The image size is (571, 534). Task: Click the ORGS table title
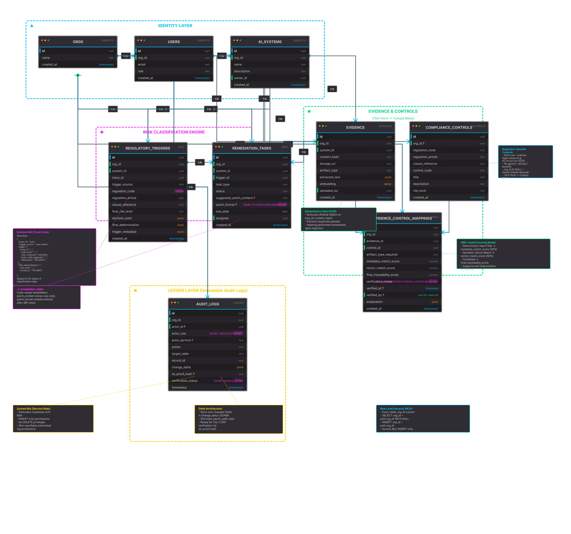78,42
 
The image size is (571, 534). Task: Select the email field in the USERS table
142,65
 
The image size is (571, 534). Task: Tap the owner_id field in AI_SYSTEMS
240,78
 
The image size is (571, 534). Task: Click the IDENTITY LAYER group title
175,26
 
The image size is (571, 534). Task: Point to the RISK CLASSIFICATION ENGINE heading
174,132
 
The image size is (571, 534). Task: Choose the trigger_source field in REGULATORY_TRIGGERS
122,185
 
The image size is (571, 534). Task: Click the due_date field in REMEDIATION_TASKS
222,211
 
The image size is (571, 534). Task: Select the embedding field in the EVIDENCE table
328,184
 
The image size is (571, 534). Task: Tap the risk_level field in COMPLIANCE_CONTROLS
419,191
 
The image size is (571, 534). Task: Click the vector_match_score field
380,268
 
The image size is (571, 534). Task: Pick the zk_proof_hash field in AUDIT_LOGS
182,374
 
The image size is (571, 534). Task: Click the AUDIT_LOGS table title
207,304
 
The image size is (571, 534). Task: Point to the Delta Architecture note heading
210,409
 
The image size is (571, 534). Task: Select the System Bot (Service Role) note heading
34,409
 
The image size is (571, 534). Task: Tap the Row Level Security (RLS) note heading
396,409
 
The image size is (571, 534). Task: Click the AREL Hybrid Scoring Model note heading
478,243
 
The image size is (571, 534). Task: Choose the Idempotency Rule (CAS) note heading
321,211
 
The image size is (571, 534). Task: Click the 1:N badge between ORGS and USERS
126,56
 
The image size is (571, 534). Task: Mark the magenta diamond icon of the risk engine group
102,132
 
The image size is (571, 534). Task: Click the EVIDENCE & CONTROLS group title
393,111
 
